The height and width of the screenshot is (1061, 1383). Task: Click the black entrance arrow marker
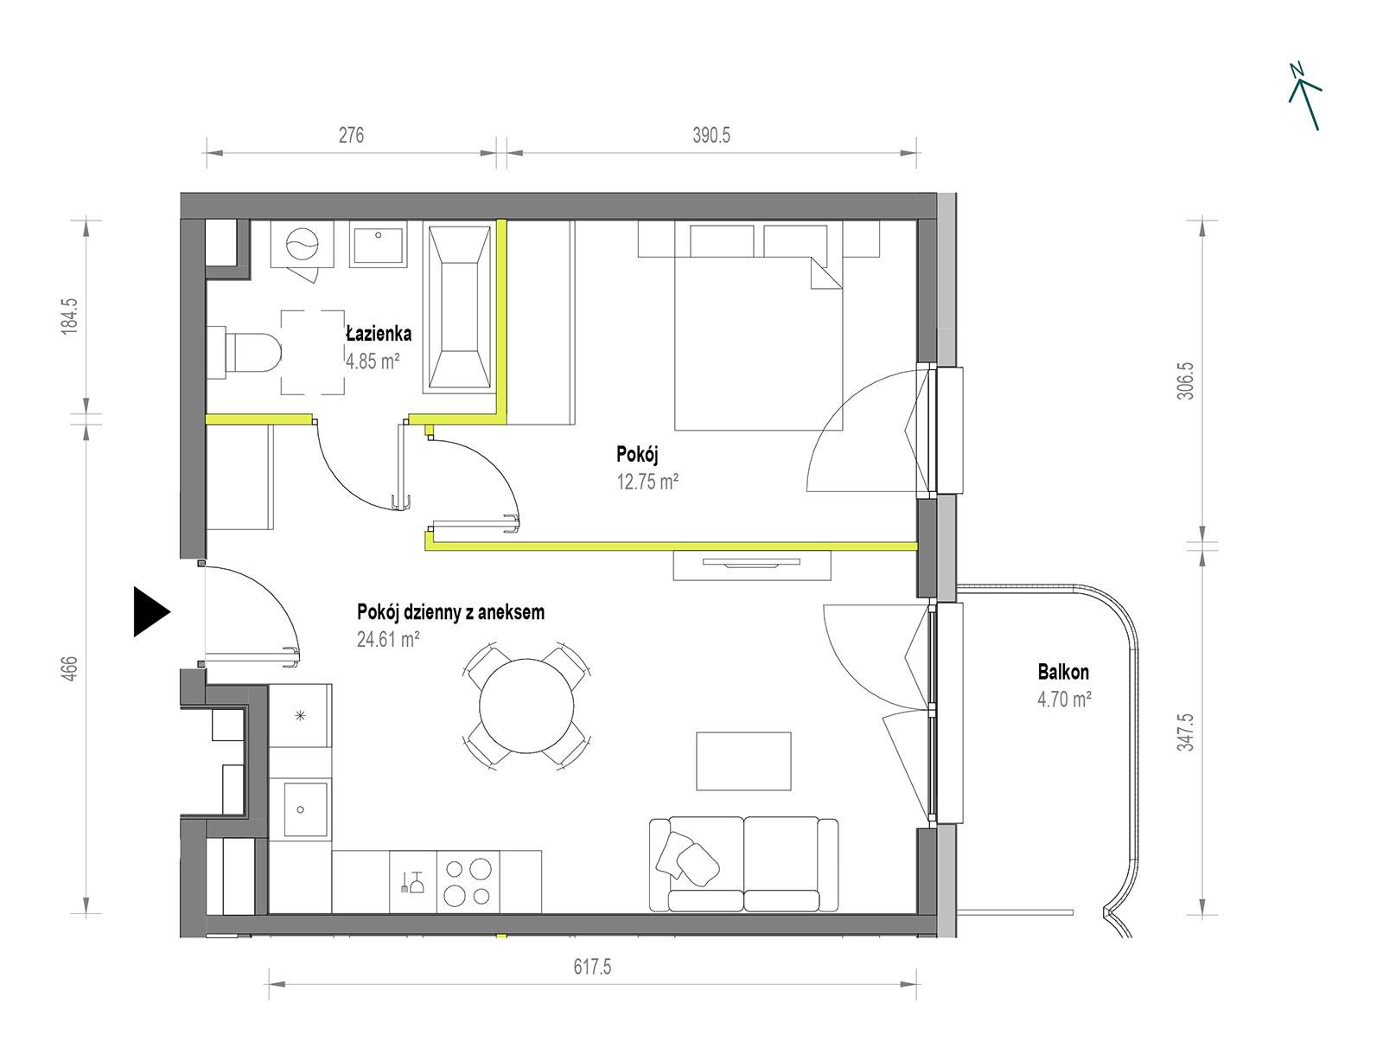tap(151, 611)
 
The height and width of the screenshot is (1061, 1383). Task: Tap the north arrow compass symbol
tap(1304, 97)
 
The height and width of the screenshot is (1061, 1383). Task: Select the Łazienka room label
tap(379, 334)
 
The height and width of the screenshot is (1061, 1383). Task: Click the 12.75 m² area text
tap(647, 481)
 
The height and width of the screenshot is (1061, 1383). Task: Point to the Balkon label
tap(1063, 672)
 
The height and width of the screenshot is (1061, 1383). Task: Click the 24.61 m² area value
tap(387, 639)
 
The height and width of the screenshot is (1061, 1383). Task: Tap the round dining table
tap(526, 706)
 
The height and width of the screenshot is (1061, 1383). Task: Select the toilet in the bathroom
tap(245, 352)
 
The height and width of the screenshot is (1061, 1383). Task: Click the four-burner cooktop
tap(468, 882)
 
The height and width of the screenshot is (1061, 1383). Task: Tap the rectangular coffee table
tap(743, 761)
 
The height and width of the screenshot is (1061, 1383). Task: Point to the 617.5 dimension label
tap(592, 967)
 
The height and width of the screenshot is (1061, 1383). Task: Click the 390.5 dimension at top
tap(711, 136)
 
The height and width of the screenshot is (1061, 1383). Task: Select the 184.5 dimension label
tap(70, 316)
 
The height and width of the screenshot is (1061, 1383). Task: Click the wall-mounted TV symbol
tap(752, 563)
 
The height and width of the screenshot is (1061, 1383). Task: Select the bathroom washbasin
tap(378, 244)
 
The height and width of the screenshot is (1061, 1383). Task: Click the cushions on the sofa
tap(686, 855)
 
